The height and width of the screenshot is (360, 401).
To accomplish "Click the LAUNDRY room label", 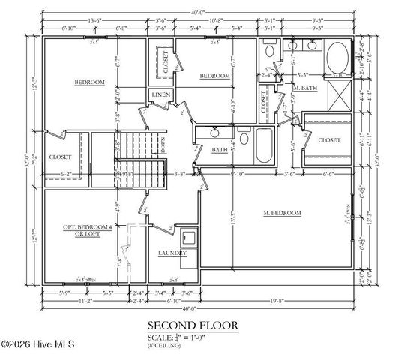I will (x=172, y=253).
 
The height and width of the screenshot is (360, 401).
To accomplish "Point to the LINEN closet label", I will (x=160, y=95).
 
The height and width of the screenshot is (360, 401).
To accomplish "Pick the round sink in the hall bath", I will (x=215, y=133).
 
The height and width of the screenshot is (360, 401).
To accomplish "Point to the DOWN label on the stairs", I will (x=163, y=145).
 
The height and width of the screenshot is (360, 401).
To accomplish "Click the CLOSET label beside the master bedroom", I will (x=329, y=140).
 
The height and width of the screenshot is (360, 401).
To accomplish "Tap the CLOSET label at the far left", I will (x=60, y=157).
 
